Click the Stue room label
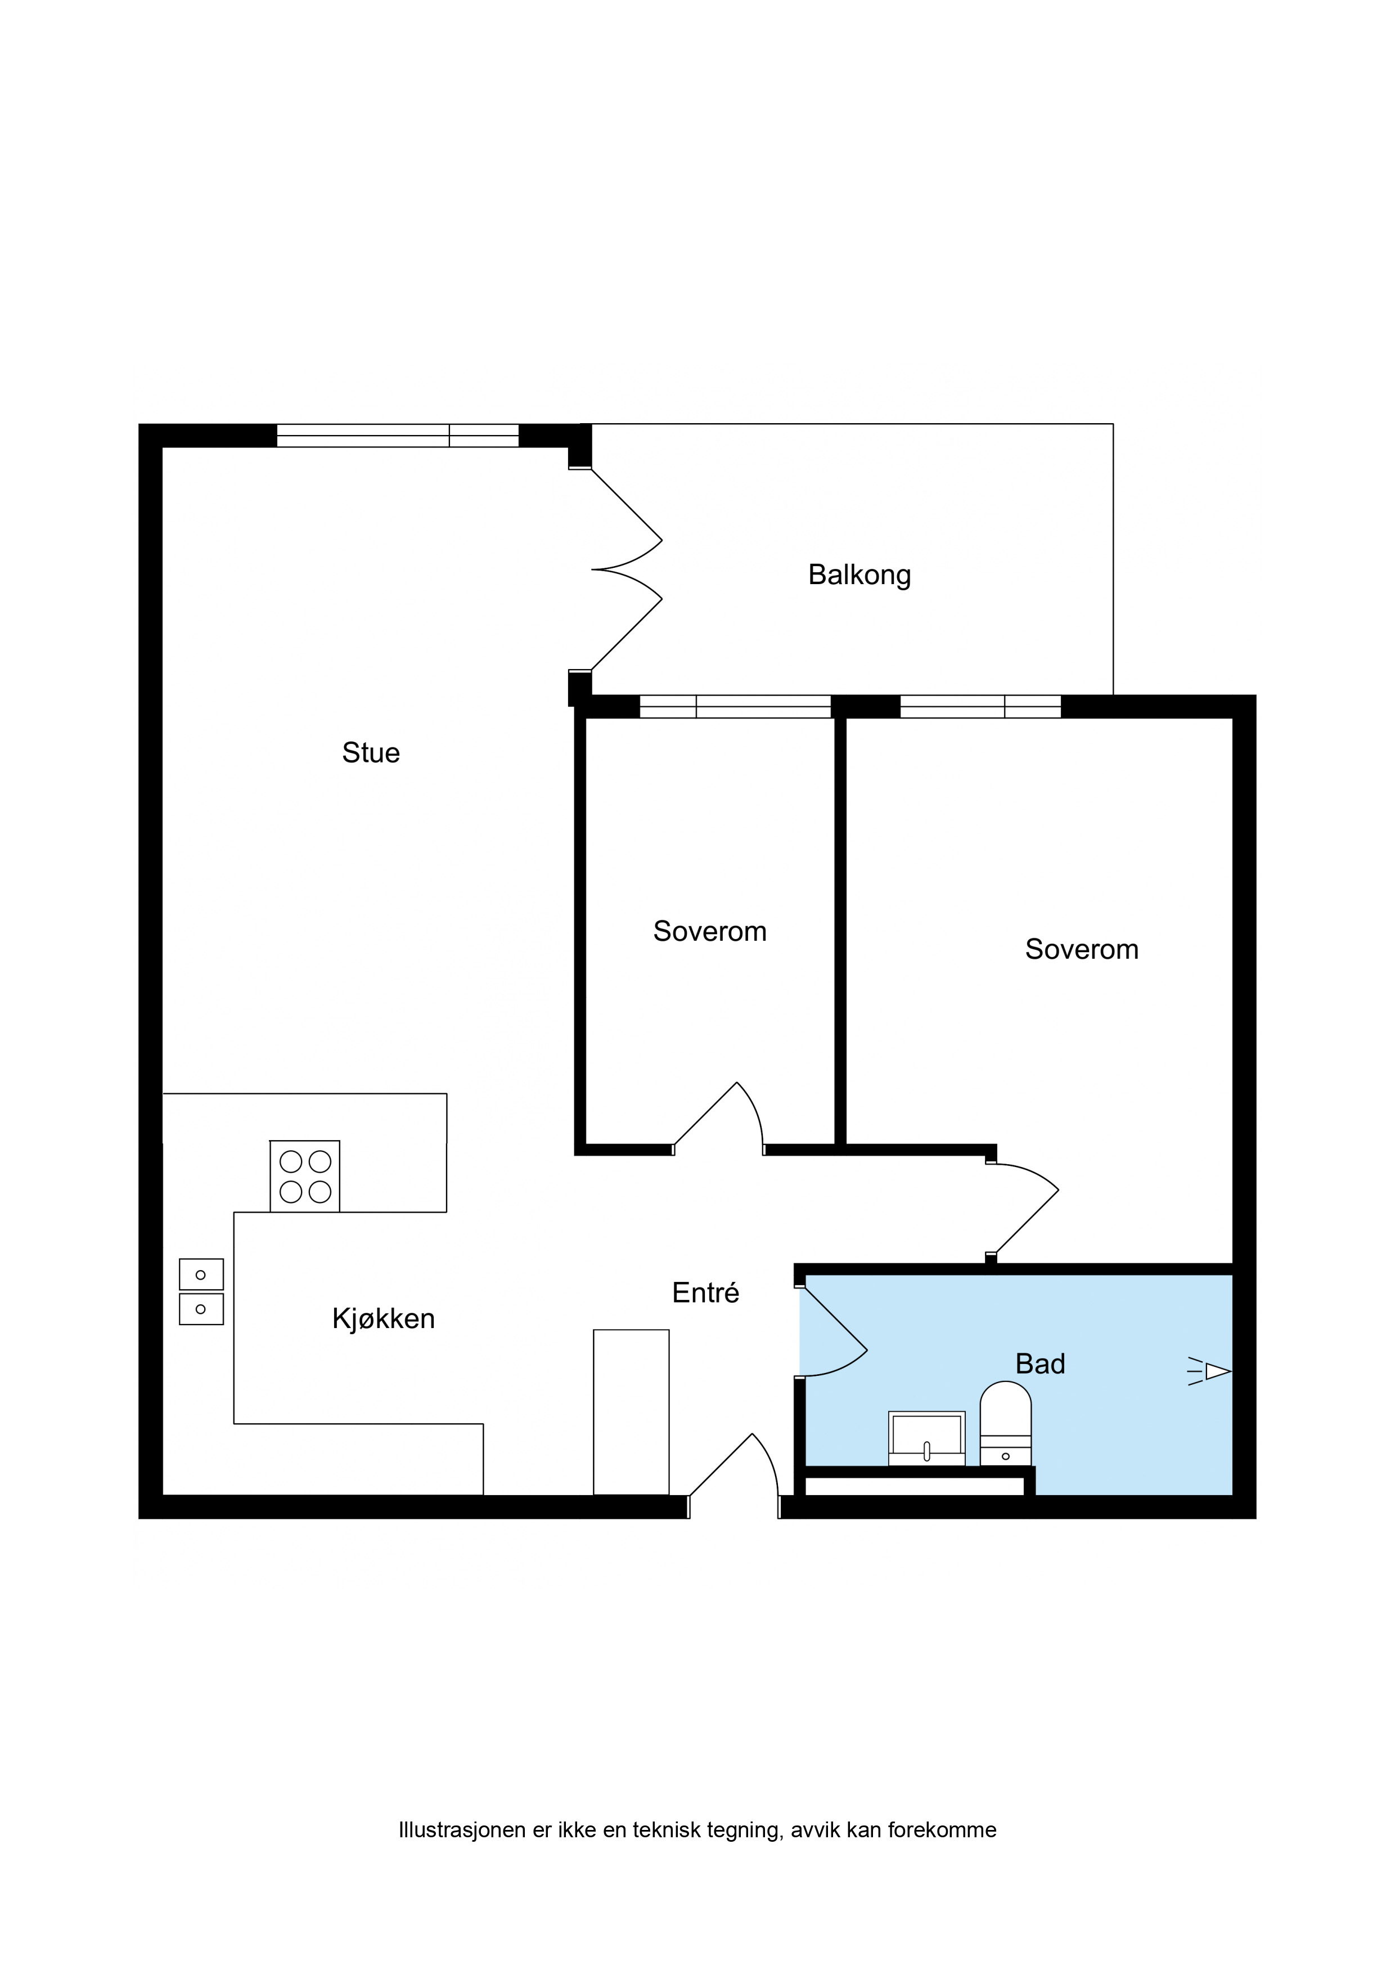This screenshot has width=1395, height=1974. point(371,752)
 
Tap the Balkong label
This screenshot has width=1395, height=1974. point(859,575)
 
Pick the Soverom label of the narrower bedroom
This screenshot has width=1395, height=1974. point(710,931)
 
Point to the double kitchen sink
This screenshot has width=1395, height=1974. point(201,1292)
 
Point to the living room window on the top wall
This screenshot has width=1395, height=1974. point(398,436)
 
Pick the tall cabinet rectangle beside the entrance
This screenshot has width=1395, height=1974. point(631,1412)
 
